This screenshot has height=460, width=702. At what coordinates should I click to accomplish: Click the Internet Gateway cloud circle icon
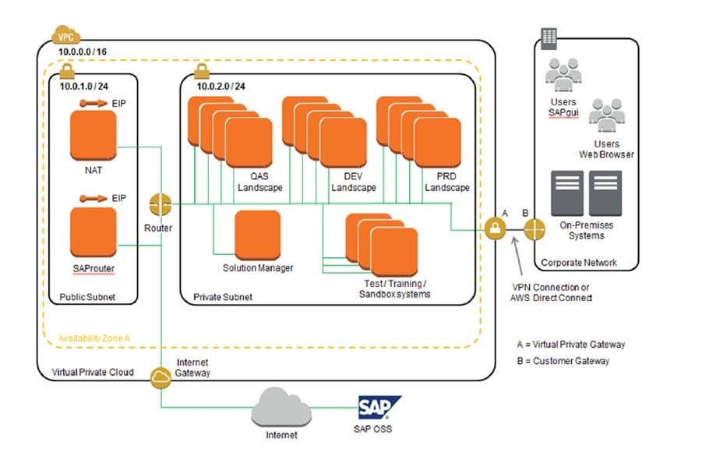tap(161, 377)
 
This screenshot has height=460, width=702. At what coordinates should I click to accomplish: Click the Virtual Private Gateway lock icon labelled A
tap(495, 229)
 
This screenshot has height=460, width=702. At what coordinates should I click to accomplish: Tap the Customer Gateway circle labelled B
tap(534, 229)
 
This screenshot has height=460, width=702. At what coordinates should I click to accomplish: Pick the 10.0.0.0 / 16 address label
tap(83, 51)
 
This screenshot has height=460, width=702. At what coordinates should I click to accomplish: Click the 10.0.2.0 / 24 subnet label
tap(221, 87)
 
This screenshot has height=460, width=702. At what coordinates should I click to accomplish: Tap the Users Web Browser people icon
tap(606, 118)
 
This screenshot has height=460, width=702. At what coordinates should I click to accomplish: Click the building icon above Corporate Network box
tap(549, 37)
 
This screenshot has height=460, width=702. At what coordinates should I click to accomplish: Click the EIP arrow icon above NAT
tap(93, 103)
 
